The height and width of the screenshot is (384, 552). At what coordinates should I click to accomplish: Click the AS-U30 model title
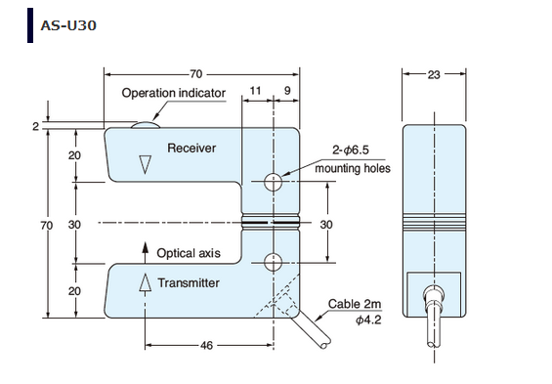(68, 25)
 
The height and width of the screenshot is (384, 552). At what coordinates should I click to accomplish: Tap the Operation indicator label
(174, 93)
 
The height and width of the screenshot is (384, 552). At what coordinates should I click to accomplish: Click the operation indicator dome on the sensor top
(146, 125)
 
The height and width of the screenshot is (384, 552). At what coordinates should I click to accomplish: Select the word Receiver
(191, 148)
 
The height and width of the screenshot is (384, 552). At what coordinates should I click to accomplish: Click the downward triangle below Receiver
(145, 164)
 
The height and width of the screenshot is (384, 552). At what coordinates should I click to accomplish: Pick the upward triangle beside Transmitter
(145, 282)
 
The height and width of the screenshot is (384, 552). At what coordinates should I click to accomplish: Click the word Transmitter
(189, 282)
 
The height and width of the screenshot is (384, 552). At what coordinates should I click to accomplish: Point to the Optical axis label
(189, 253)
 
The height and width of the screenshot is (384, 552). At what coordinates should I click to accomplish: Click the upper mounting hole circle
(273, 182)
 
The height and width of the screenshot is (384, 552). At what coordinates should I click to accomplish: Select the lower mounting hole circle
(273, 262)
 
